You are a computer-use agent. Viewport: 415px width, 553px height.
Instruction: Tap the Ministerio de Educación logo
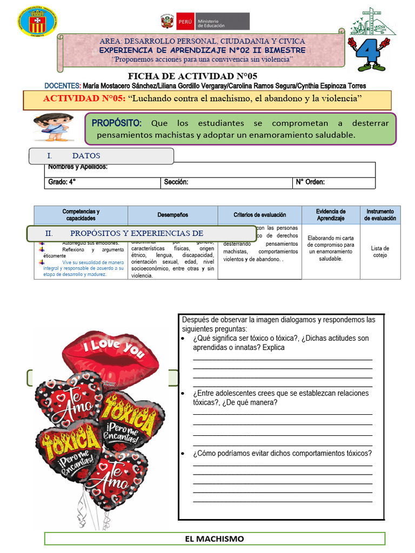pos(205,22)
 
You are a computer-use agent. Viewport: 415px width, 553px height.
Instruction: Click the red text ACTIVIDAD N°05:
pos(84,99)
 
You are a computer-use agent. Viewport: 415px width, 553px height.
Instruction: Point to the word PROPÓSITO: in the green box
pos(117,123)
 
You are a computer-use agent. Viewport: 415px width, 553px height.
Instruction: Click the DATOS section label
pos(86,156)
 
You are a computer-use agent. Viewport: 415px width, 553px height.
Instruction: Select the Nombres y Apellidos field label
pos(78,167)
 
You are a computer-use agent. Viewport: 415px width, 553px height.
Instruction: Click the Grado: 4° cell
pos(62,183)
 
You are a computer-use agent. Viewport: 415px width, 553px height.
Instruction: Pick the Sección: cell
pos(176,183)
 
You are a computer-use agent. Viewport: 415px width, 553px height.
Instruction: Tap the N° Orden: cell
pos(310,183)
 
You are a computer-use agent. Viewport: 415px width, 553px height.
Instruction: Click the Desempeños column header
pos(173,215)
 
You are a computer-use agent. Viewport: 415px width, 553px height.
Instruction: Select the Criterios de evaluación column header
pos(260,215)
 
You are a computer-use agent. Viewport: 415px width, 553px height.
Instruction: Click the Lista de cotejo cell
pos(380,252)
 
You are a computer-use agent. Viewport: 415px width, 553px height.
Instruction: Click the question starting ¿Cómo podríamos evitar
pos(282,453)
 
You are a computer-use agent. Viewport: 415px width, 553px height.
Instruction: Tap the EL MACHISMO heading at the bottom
pos(215,538)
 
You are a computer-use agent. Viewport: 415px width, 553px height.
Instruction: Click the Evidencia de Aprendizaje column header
pos(331,215)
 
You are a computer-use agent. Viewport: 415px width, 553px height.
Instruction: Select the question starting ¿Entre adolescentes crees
pos(280,398)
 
